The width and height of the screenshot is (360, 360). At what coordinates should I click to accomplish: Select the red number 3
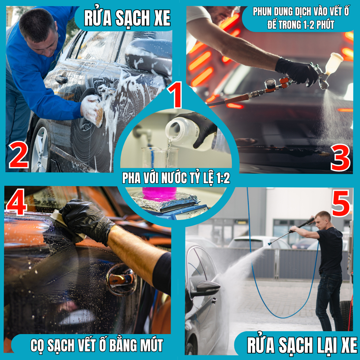340,158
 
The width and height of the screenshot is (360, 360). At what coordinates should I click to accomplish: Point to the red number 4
17,202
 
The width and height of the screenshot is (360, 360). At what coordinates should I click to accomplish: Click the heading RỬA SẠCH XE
127,18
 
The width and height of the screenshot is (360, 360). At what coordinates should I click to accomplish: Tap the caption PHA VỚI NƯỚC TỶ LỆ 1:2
176,178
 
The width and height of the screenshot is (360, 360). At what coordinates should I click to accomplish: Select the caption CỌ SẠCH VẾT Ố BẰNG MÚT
96,345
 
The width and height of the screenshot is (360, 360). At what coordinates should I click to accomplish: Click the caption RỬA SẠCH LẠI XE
302,345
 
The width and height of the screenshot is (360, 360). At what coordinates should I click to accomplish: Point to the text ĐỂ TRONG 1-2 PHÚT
301,25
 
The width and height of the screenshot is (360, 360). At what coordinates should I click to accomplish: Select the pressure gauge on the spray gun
270,84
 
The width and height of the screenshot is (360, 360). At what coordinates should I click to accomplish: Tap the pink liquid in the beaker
159,193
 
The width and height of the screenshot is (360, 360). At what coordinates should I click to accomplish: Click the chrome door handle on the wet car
121,279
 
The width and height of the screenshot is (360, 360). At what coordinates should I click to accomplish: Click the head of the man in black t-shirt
322,219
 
